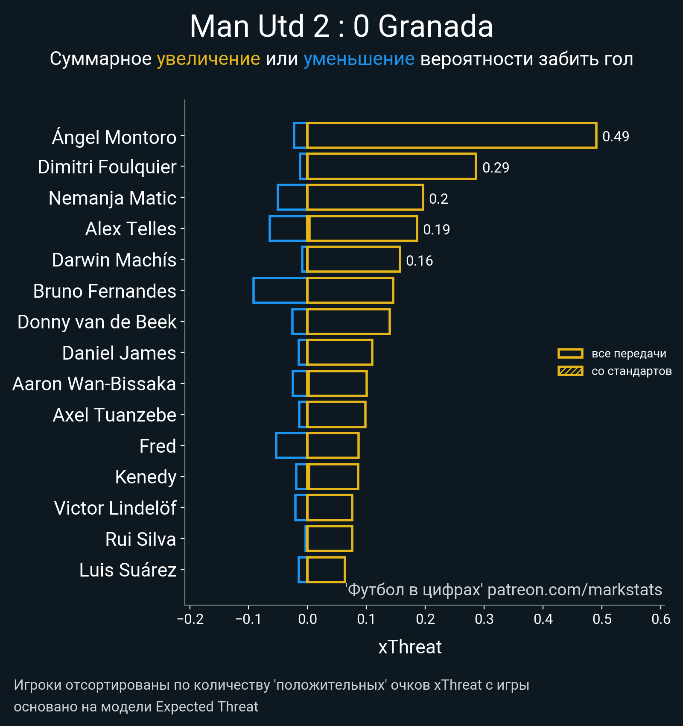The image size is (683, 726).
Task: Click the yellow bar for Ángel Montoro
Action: coord(451,136)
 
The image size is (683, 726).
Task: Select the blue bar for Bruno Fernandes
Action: coord(280,290)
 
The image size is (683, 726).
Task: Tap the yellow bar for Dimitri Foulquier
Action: coord(391,167)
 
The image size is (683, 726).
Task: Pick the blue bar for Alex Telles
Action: coord(288,228)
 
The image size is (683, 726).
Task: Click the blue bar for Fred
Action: coord(292,445)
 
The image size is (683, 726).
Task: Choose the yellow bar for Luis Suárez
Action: coord(326,570)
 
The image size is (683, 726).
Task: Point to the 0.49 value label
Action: coord(616,137)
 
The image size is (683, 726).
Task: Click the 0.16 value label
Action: coord(419,261)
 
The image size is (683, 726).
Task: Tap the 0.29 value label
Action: coord(496,167)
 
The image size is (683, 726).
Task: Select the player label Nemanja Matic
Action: coord(112,198)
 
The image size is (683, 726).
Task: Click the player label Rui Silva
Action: coord(140,539)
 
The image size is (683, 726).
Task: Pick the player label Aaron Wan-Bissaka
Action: coord(94,384)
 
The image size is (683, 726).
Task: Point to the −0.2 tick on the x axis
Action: coord(190,619)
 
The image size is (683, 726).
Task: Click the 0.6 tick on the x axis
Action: coord(661,619)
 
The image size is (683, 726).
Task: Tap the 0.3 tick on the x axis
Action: coord(484,619)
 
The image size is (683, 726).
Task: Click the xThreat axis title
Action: coord(410,647)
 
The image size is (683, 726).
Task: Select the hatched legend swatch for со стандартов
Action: coord(570,371)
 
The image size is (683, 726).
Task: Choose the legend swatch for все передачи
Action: coord(570,353)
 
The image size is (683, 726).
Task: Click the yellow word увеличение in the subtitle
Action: coord(208,59)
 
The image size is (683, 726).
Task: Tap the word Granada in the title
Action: coord(435,26)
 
